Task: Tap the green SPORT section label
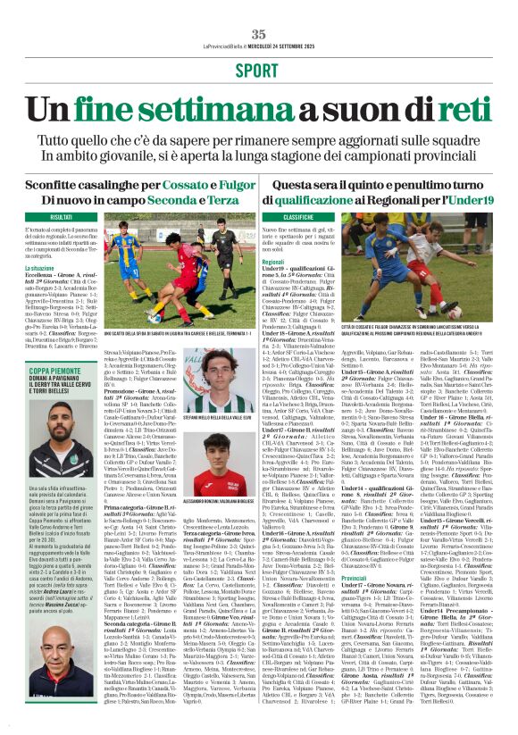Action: coord(259,70)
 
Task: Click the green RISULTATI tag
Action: coord(62,217)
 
